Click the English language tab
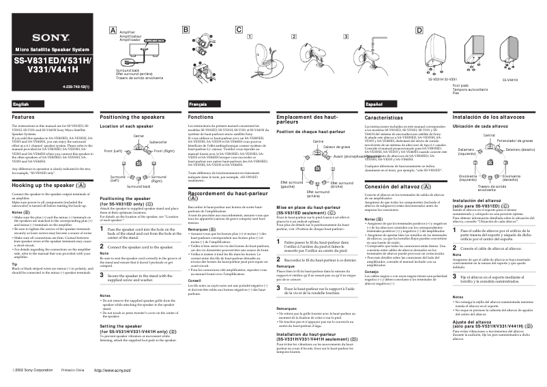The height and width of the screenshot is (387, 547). click(x=21, y=104)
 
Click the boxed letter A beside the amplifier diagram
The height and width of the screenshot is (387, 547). click(x=113, y=30)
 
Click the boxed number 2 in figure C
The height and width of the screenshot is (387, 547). click(x=293, y=35)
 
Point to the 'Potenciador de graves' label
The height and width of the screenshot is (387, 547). click(x=516, y=141)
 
